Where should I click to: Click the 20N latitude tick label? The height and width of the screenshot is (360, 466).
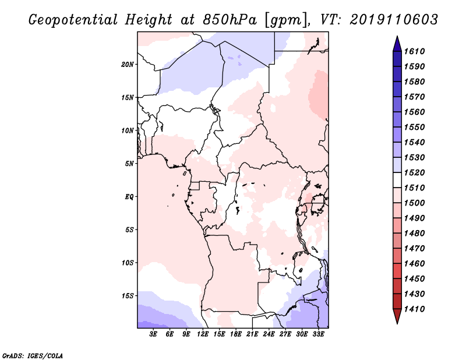click(x=128, y=65)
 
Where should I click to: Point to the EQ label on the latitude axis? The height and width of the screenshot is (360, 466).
click(x=129, y=197)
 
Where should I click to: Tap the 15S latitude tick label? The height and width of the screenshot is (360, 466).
click(x=128, y=296)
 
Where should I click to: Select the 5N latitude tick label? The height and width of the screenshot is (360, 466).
click(x=129, y=164)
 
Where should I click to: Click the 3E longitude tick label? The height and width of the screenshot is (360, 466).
click(x=153, y=334)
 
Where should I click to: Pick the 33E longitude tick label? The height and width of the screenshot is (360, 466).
click(x=318, y=334)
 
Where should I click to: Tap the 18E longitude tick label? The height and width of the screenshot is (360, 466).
click(x=236, y=334)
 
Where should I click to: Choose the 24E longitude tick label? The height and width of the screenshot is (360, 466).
click(x=269, y=334)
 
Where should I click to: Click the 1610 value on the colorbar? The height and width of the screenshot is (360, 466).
click(x=414, y=51)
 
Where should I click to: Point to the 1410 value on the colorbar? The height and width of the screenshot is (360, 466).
click(x=414, y=309)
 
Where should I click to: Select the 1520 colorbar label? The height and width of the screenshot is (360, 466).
click(x=414, y=172)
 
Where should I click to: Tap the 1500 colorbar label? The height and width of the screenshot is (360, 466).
click(x=414, y=203)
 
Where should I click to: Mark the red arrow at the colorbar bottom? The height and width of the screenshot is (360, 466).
click(x=397, y=316)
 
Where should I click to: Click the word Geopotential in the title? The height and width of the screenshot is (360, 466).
click(x=73, y=20)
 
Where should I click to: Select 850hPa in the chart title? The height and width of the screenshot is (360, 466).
click(x=230, y=20)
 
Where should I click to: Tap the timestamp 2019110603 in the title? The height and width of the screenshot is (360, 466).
click(x=394, y=20)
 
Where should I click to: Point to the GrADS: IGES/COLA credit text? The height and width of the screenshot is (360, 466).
click(x=33, y=356)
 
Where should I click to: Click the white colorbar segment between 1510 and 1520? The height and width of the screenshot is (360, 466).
click(x=397, y=180)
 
